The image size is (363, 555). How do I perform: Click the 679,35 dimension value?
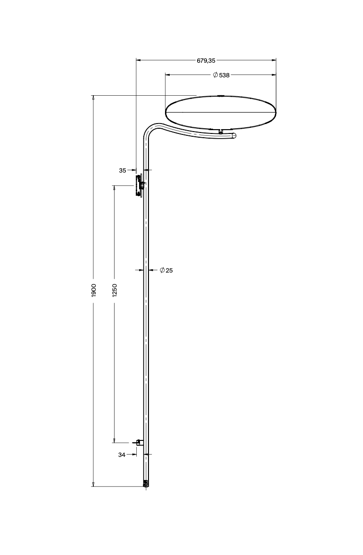[206, 60]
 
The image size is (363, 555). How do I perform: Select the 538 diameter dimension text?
[224, 75]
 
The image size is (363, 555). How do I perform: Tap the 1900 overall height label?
[94, 290]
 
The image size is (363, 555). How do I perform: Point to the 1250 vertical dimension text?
[115, 290]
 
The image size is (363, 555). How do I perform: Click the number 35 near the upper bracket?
[123, 171]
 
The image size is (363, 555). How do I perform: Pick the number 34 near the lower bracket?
[122, 455]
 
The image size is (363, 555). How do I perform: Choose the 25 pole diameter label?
[169, 270]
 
